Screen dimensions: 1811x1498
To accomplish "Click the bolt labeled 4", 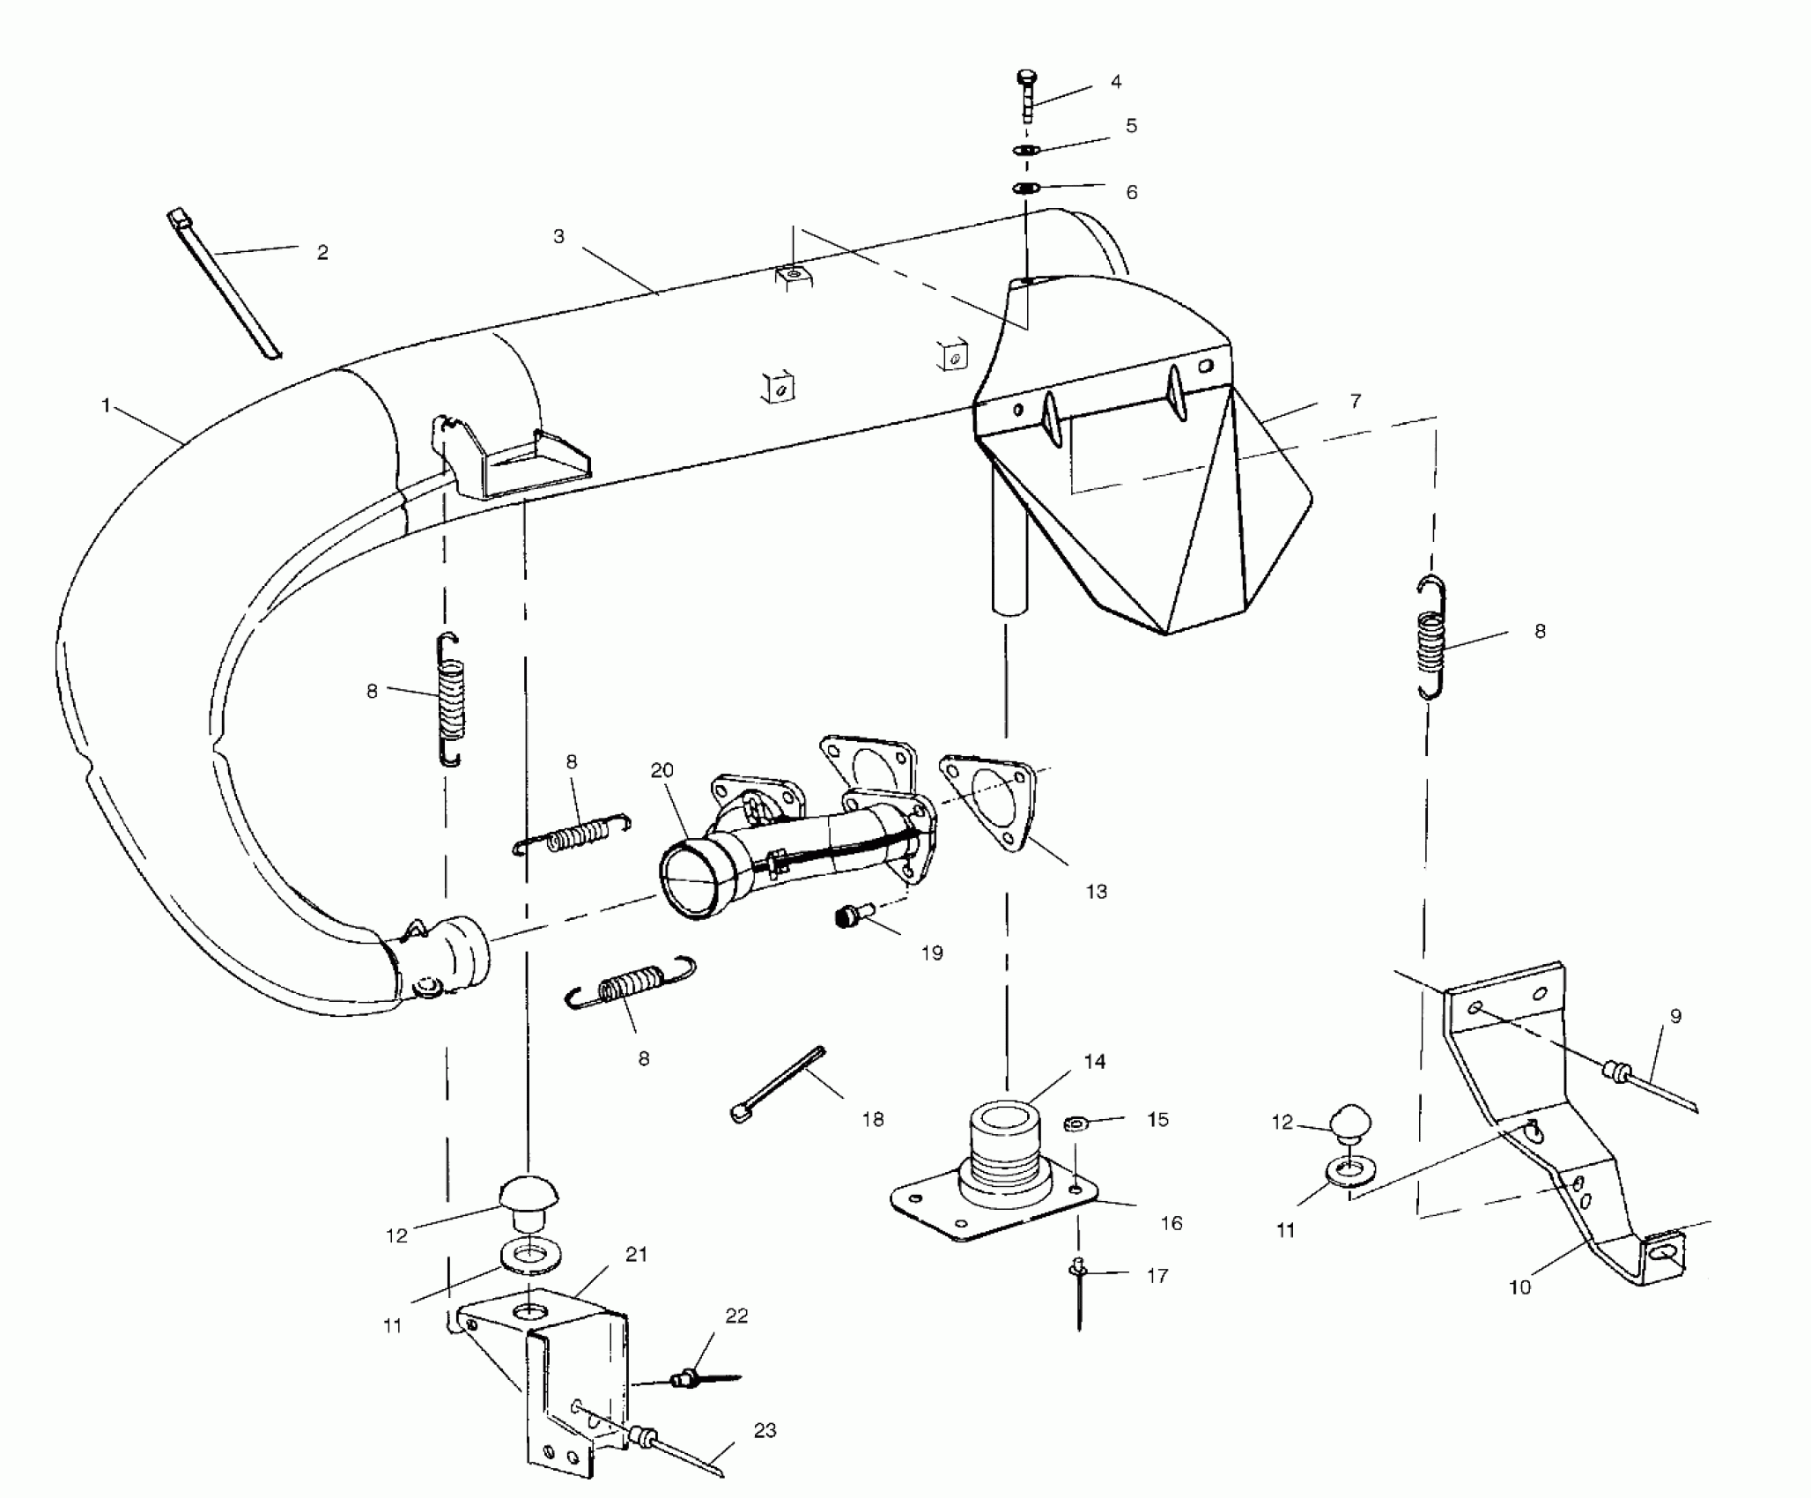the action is click(x=1028, y=95).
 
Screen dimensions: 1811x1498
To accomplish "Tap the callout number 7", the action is click(x=1355, y=401).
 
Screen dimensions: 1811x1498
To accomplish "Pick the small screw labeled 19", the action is click(x=851, y=917).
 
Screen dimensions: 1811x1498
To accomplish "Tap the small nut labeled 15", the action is click(x=1075, y=1123).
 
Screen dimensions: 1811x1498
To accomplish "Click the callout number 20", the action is click(x=662, y=770).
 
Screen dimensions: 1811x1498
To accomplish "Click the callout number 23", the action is click(x=765, y=1430).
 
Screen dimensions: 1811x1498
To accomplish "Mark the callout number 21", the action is click(x=636, y=1255).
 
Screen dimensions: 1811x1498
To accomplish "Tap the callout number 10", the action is click(x=1519, y=1287).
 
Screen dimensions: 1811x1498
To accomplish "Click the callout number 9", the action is click(x=1675, y=1016).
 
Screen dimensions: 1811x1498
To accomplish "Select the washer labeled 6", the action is click(x=1026, y=188).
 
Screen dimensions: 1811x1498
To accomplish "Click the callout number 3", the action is click(x=558, y=236).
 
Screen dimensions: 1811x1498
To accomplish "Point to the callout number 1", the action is click(x=106, y=406).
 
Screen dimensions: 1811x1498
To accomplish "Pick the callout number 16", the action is click(x=1172, y=1223).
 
